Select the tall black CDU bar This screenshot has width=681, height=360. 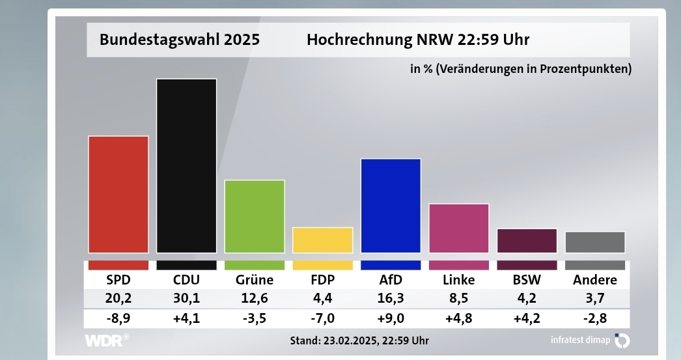[x=186, y=165]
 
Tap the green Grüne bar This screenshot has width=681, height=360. [x=255, y=216]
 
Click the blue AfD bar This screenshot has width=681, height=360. [x=391, y=206]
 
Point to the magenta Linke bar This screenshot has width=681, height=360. [x=459, y=228]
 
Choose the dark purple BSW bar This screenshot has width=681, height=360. [x=527, y=240]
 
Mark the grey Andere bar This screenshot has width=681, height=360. [x=595, y=242]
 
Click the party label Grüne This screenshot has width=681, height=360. [x=255, y=281]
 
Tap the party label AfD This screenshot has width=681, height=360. [x=391, y=281]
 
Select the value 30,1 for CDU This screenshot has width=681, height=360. [x=186, y=299]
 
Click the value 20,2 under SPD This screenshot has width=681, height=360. [x=118, y=299]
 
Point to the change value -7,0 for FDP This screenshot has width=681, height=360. [x=323, y=319]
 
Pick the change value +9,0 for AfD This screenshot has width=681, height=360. [x=391, y=319]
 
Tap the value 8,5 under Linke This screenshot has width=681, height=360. [x=459, y=299]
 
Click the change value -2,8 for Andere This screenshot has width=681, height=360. [x=595, y=319]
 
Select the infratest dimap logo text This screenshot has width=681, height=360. [x=580, y=340]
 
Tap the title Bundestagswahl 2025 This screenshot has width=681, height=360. [x=180, y=40]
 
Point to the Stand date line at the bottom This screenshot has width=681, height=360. [x=359, y=340]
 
